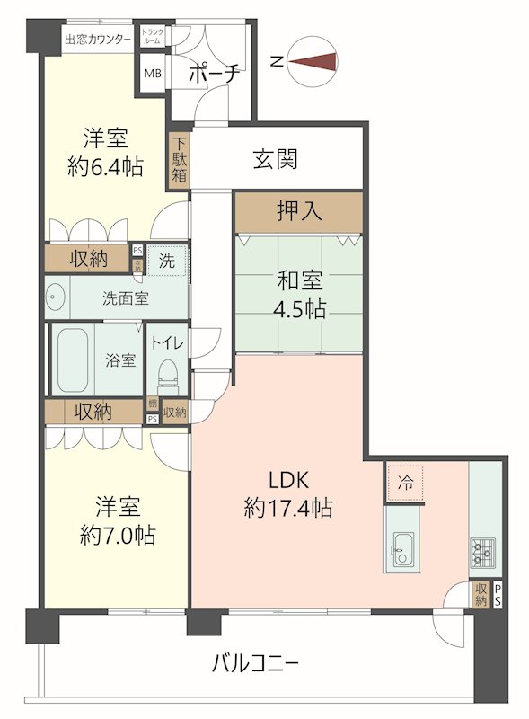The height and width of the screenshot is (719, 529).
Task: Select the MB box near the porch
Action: coord(154,74)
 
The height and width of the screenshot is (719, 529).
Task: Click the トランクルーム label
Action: coord(150,37)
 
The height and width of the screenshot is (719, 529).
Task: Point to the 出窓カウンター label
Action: coord(97,39)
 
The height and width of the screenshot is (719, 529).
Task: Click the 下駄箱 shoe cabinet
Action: coord(180,160)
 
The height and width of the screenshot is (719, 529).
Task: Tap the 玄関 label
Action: coord(275,160)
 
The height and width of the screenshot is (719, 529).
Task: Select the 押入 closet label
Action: coord(299,212)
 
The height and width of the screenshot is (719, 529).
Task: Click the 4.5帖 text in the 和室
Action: coord(300,309)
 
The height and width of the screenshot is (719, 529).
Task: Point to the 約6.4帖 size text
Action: coord(106,166)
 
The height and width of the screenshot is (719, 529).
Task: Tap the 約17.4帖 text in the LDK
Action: coord(288,508)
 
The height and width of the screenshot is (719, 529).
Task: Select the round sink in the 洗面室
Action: coord(57,297)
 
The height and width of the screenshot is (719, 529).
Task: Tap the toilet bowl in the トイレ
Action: coord(167,371)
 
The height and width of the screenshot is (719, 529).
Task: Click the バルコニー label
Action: coord(255,664)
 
